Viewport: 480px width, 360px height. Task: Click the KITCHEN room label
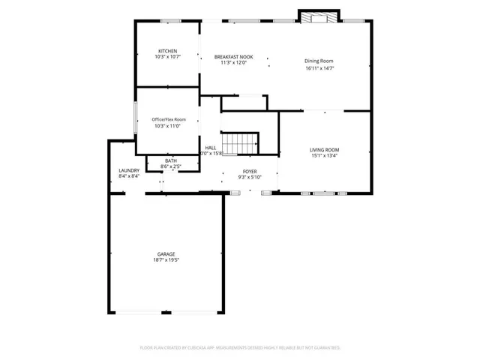167,51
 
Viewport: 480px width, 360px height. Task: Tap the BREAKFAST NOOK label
233,57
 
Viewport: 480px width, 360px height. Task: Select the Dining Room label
319,61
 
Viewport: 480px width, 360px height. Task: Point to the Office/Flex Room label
169,119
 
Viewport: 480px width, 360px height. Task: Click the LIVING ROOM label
325,150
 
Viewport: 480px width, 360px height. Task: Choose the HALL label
211,148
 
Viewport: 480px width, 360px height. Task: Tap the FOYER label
249,172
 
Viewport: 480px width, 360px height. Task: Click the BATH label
171,160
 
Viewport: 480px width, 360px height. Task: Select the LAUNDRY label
129,170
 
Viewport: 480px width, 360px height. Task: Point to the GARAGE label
166,253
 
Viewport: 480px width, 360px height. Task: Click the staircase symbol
242,143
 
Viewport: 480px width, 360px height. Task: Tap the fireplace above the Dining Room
319,17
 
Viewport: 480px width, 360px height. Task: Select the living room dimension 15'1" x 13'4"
325,156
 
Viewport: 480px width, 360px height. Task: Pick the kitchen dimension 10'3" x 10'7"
167,57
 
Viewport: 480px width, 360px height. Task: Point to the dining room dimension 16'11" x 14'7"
319,67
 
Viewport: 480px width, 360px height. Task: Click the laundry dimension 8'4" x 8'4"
129,177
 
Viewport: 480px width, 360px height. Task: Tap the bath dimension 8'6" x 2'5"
171,166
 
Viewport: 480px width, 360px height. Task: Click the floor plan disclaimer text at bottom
240,348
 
